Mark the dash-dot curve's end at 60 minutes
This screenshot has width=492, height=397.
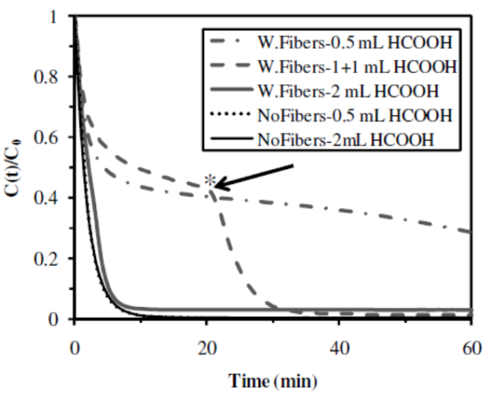tap(471, 232)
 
